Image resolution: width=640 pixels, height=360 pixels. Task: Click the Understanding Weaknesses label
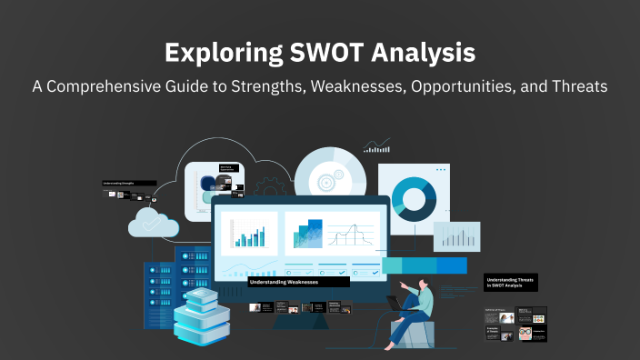(283, 283)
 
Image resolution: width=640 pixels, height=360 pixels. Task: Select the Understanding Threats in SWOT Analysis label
(510, 283)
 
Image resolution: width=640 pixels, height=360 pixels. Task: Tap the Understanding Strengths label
(123, 183)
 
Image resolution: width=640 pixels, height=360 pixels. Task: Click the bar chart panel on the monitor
(248, 233)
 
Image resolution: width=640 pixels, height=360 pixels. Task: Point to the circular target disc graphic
(322, 172)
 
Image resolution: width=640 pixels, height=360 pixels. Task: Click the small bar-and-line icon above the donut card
(376, 145)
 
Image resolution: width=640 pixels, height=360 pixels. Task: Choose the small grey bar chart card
(455, 236)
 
